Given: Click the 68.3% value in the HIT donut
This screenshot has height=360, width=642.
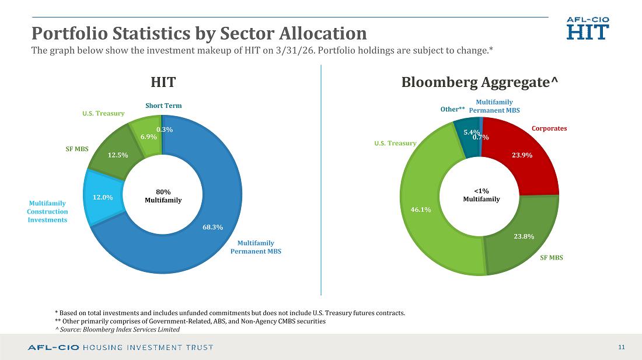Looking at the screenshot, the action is tap(212, 227).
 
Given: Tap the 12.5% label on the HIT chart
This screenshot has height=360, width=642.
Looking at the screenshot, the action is tap(117, 155).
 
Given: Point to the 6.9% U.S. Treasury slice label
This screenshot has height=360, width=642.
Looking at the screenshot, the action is tap(149, 137).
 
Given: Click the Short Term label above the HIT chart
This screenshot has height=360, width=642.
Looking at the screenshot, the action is tap(163, 106).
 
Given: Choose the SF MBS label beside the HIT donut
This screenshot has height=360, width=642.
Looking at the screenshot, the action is tap(77, 149).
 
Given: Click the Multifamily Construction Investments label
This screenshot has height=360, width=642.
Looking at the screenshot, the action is tap(47, 211).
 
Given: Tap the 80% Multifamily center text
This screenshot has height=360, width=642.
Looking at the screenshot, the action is tap(163, 196).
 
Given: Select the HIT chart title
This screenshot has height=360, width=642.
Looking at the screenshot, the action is tap(163, 82).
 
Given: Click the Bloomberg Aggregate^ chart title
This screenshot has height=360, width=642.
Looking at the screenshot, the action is tap(479, 82).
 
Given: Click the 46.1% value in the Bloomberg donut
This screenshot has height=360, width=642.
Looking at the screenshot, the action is tap(420, 209).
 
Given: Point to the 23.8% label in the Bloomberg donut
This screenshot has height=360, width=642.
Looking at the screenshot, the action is tap(524, 236).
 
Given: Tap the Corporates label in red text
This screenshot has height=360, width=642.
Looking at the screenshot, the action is tap(549, 128).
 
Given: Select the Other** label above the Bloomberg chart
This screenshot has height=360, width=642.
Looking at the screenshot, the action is tap(452, 109).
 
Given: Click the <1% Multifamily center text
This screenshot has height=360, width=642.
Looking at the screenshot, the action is tap(481, 195).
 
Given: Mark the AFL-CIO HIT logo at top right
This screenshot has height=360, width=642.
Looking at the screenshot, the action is tap(588, 28).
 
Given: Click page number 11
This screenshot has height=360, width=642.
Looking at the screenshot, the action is tap(621, 347).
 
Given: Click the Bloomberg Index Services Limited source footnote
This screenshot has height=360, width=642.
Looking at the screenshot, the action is tap(117, 329).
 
